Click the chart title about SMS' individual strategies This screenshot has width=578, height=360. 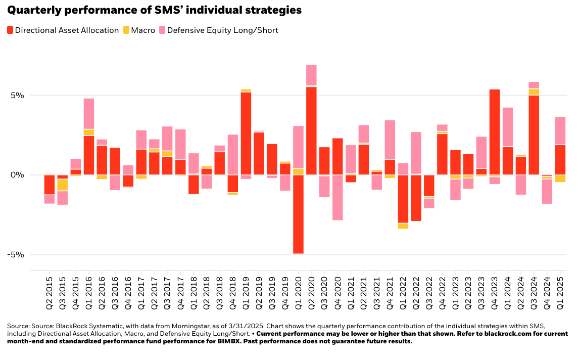tap(155, 10)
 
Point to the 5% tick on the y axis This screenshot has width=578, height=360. tap(19, 96)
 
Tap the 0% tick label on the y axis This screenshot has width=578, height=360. tap(19, 175)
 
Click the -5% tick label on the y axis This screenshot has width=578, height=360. tap(17, 254)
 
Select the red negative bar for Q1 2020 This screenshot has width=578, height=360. tap(298, 214)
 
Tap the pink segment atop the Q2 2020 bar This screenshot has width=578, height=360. tap(311, 75)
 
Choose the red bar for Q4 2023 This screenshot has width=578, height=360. tap(495, 132)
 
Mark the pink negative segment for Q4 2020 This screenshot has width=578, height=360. tap(338, 198)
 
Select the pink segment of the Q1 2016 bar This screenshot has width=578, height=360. tap(89, 114)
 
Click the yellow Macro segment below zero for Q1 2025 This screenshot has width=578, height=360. tap(560, 178)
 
